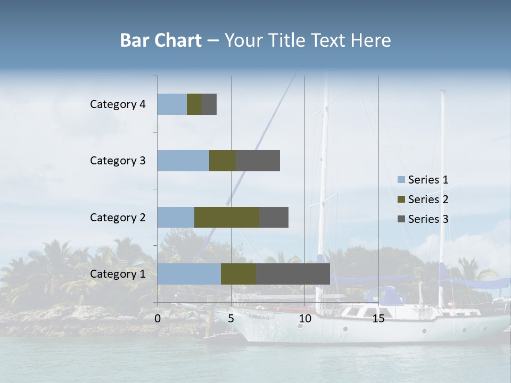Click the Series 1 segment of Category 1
[x=189, y=274]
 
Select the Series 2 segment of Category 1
[x=238, y=274]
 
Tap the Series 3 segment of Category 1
[x=293, y=274]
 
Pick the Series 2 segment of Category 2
[x=227, y=217]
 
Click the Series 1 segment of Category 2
[x=176, y=217]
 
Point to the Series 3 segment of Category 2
[x=274, y=217]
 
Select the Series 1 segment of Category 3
[x=183, y=161]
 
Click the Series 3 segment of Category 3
[x=258, y=161]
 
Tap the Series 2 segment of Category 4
[x=194, y=104]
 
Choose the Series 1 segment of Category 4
[x=172, y=104]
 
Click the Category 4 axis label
[x=118, y=104]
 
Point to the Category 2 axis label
[x=118, y=217]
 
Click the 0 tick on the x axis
[x=158, y=319]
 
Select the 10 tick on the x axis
[x=304, y=319]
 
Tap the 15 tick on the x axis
[x=378, y=319]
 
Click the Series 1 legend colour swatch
[x=401, y=180]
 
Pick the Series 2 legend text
[x=428, y=199]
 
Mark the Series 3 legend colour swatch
[x=401, y=219]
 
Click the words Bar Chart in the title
[x=161, y=40]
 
